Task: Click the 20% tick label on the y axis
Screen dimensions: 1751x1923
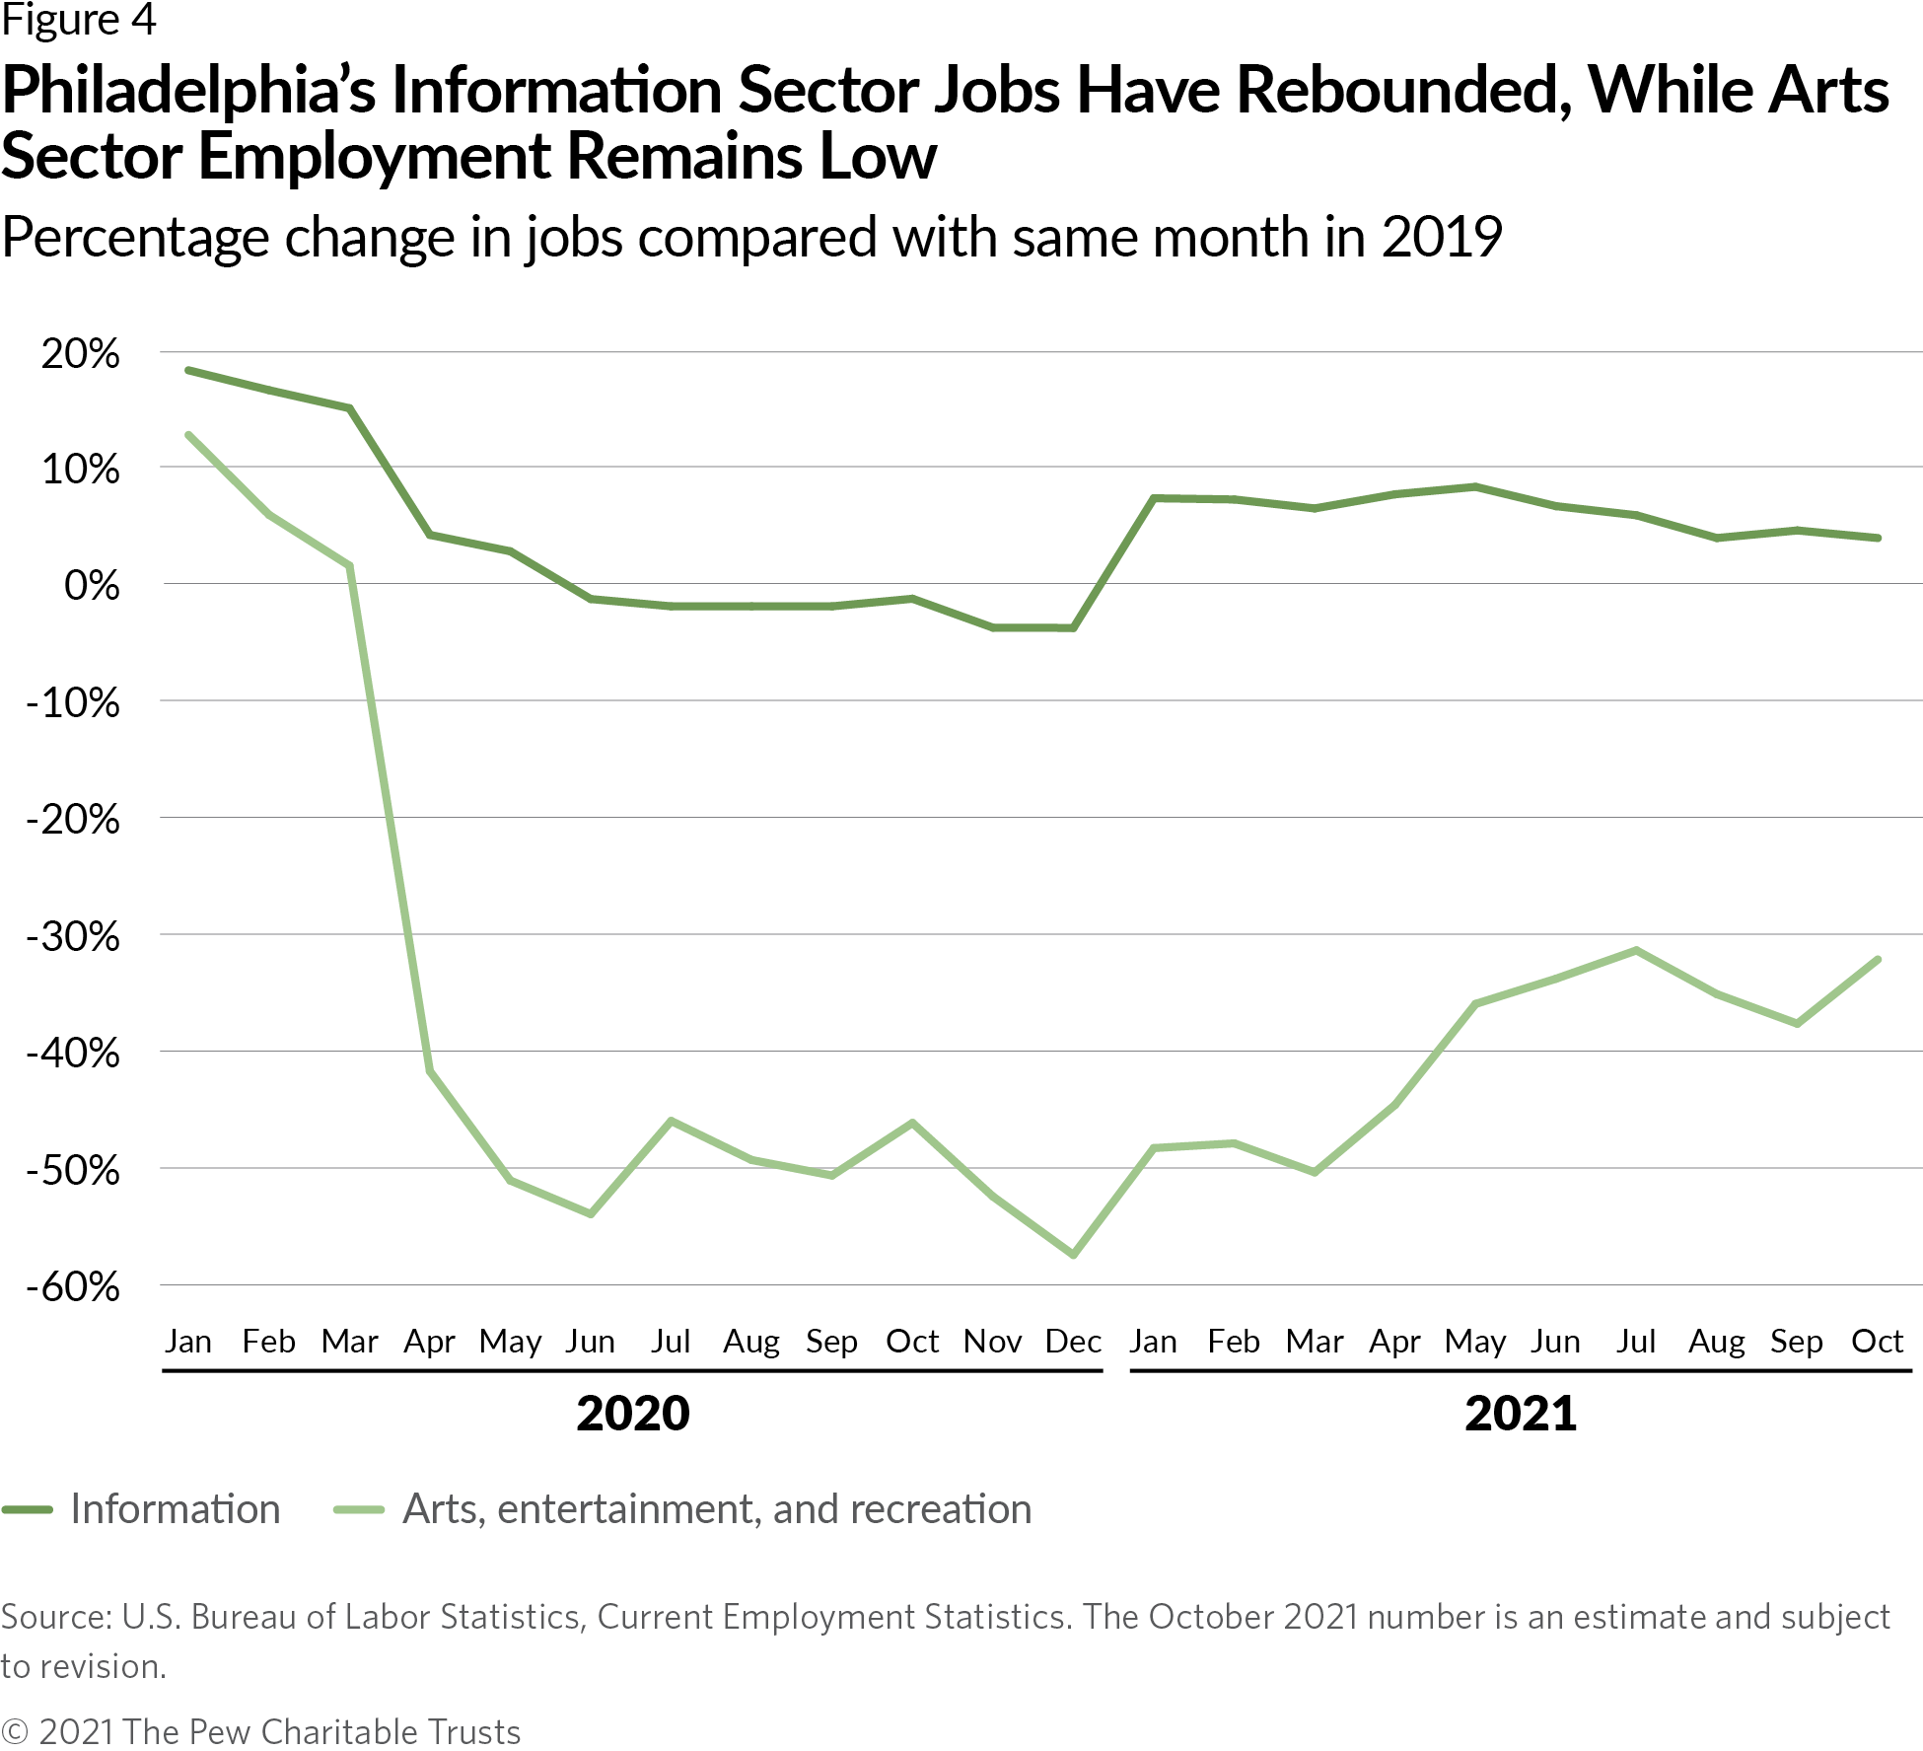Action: (79, 354)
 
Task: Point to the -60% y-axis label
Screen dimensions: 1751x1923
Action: (73, 1287)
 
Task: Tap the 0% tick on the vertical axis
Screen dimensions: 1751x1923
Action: (92, 587)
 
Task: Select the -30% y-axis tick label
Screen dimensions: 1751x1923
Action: (73, 937)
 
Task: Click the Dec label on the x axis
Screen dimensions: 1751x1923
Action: (1073, 1342)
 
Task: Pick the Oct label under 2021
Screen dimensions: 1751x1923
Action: (1877, 1342)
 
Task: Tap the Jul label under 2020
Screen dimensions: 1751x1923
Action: (671, 1342)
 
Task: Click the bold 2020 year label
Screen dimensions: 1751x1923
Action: (633, 1414)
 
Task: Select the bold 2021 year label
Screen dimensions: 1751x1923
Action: (1521, 1414)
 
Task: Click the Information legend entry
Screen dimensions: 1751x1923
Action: (176, 1510)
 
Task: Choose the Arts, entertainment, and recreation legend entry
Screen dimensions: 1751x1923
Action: (717, 1510)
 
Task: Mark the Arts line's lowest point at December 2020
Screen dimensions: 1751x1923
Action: (1073, 1255)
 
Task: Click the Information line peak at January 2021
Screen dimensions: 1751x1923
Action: (1154, 498)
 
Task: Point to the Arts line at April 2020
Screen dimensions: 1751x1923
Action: (430, 1071)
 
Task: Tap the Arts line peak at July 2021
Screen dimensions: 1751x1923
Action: (1636, 950)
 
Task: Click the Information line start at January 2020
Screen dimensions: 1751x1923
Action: (188, 370)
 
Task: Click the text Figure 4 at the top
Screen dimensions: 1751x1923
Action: (79, 20)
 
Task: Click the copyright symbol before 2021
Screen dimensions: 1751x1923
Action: (14, 1731)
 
